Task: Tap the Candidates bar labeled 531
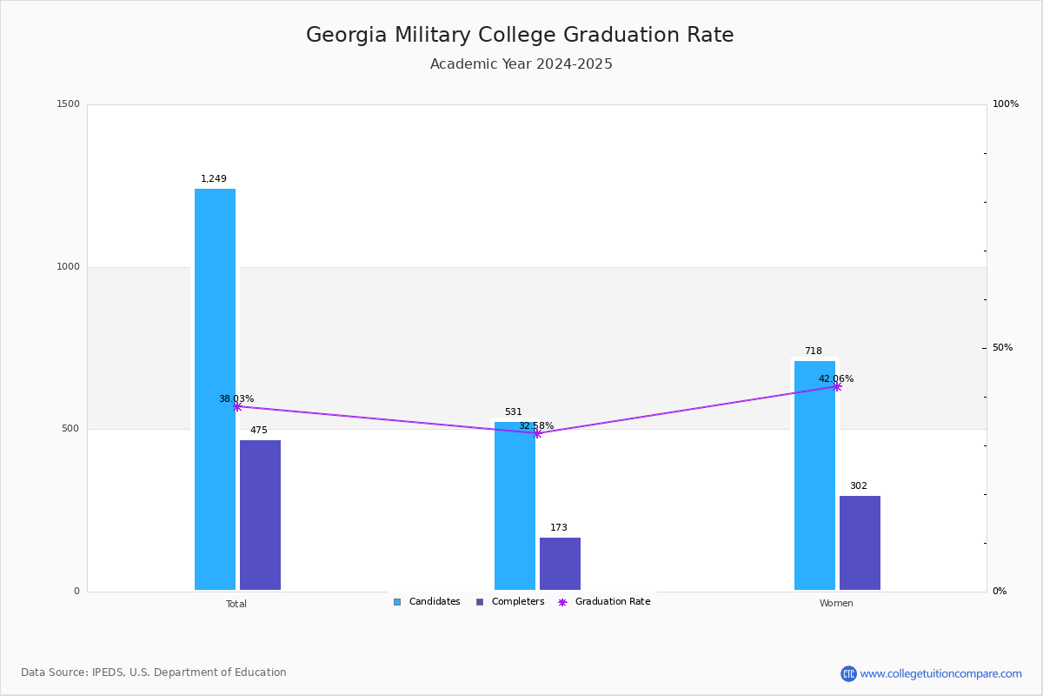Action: (x=515, y=505)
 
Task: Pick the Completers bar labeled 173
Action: (x=560, y=564)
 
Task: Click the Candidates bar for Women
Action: (x=814, y=475)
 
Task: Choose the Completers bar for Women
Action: (x=860, y=543)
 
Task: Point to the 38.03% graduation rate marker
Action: (x=237, y=406)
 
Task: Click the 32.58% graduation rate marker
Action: (x=537, y=433)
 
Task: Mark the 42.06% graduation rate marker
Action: (x=837, y=386)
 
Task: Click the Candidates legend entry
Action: (x=427, y=602)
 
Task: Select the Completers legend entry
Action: (x=510, y=602)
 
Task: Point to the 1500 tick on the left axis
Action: (x=68, y=104)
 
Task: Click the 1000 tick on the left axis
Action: (x=68, y=267)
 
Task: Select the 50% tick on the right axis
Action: (x=1002, y=348)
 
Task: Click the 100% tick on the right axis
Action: (x=1005, y=104)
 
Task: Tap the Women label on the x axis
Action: (x=836, y=604)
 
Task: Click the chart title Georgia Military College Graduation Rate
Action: (x=520, y=36)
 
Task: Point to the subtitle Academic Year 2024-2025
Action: (x=521, y=64)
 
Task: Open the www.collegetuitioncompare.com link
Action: (x=940, y=673)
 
